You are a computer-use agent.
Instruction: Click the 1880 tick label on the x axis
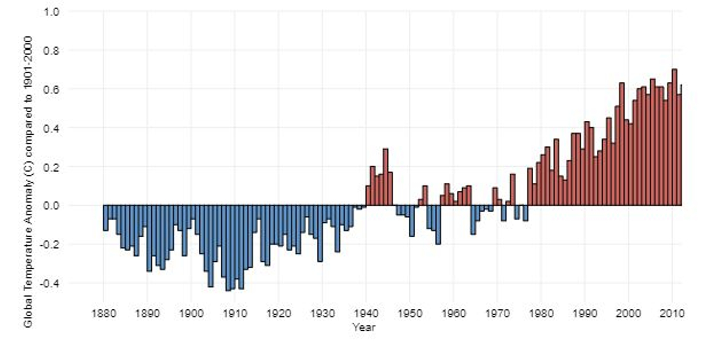[104, 313]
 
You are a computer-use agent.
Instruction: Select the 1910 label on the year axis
[235, 313]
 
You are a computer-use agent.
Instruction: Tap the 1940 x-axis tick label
[366, 313]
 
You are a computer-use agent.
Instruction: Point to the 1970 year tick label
[497, 313]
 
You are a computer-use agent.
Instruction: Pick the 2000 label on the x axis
[628, 313]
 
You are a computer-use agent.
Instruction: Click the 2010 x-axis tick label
[671, 313]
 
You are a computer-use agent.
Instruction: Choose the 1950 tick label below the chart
[410, 313]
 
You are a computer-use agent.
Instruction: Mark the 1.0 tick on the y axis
[52, 12]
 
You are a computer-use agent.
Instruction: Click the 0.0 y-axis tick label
[52, 205]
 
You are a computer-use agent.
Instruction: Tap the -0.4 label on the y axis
[50, 283]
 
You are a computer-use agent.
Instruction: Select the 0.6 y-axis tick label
[52, 89]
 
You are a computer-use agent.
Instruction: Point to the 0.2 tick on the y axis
[52, 167]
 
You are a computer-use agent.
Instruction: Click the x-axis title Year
[363, 328]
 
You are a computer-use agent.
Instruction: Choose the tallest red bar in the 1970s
[512, 189]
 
